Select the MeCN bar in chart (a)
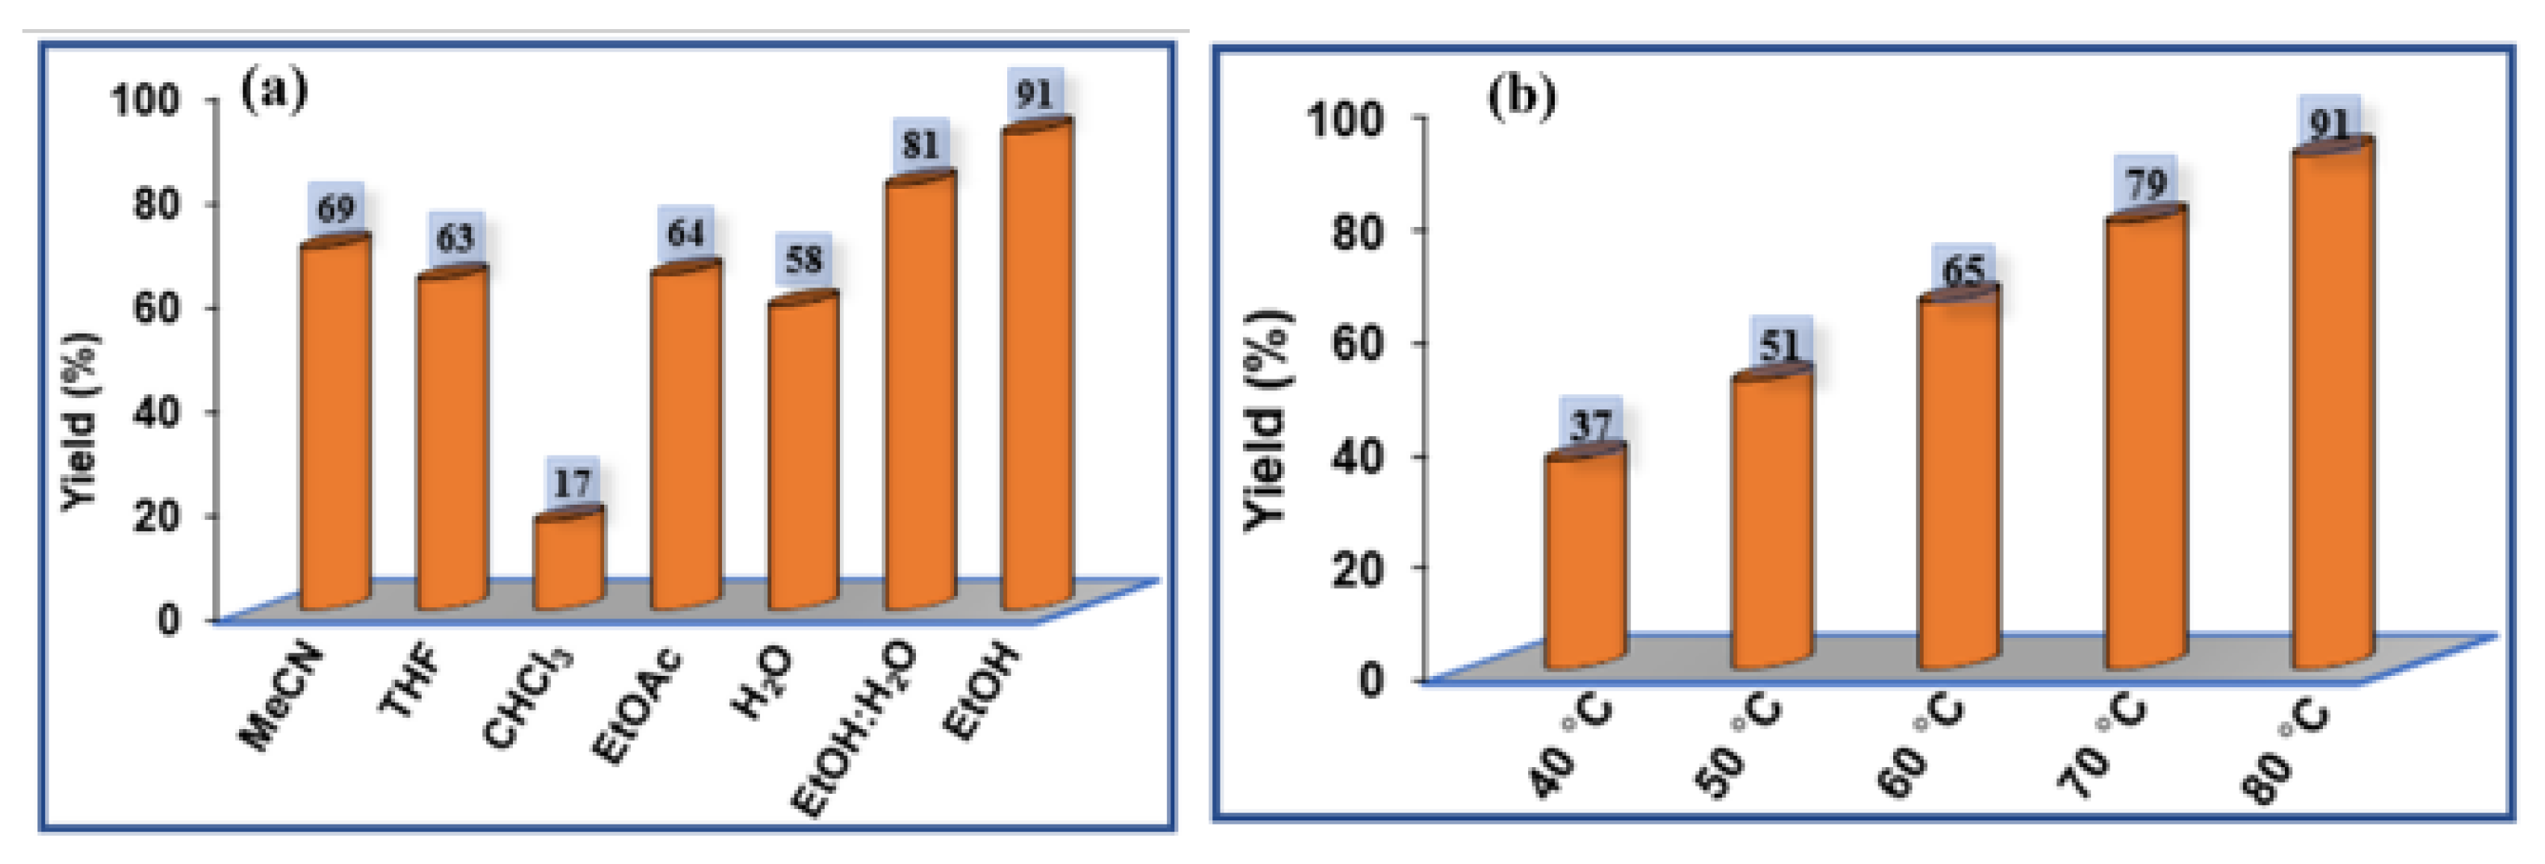point(335,425)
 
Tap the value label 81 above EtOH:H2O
point(921,146)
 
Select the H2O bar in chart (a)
point(802,455)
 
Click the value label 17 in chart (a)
point(572,484)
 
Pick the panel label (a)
point(274,91)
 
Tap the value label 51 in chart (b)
point(1780,345)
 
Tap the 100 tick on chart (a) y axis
point(145,100)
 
